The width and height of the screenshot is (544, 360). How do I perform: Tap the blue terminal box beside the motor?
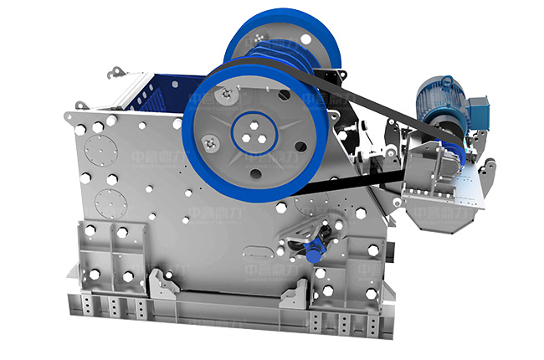[480, 108]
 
